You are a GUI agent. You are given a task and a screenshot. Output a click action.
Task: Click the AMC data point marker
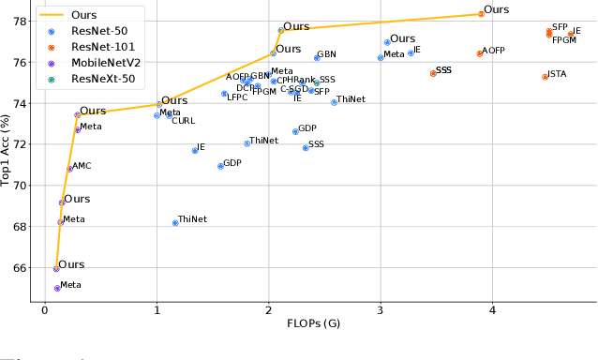69,169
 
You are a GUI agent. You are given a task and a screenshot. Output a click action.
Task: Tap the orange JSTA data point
545,76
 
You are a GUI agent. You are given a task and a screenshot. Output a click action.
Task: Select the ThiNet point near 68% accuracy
175,222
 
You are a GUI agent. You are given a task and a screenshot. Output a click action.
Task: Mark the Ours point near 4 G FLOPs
481,14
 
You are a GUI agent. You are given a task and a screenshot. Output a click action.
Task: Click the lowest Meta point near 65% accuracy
57,288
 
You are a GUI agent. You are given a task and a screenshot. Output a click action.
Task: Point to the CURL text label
184,121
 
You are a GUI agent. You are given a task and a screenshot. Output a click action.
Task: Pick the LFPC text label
237,97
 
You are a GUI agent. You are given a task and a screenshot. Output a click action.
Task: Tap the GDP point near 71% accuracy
220,166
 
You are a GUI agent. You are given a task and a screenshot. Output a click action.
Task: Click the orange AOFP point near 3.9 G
479,53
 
